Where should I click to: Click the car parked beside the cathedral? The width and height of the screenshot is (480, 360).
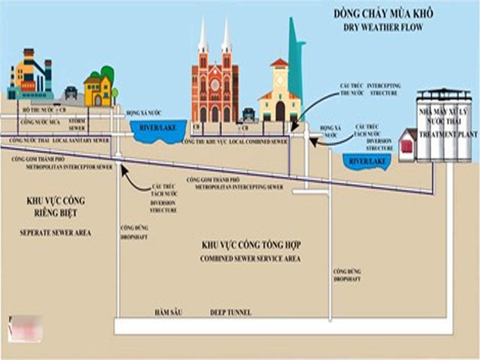click(248, 114)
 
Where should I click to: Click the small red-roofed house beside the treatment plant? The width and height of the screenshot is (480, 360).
click(407, 144)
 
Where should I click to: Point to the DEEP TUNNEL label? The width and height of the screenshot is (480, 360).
click(230, 312)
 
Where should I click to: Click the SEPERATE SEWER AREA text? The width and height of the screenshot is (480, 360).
click(55, 233)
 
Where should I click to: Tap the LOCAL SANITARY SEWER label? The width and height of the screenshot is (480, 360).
click(83, 140)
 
